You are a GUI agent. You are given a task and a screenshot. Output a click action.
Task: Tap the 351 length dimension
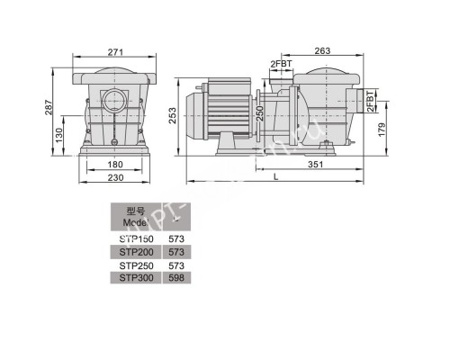(314, 165)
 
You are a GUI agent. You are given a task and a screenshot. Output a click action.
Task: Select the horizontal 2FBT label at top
(281, 64)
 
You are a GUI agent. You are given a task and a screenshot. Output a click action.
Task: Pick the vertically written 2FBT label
(372, 102)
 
